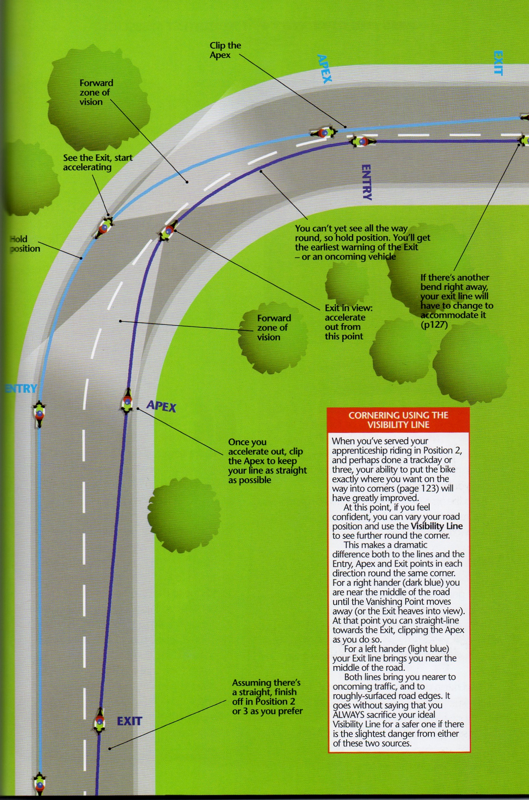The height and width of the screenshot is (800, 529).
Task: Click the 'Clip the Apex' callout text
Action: [x=225, y=50]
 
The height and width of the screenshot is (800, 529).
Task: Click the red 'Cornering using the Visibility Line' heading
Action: [x=398, y=420]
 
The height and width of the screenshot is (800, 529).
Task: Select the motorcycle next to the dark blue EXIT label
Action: [x=99, y=722]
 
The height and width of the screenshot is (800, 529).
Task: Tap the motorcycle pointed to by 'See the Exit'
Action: [x=104, y=227]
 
